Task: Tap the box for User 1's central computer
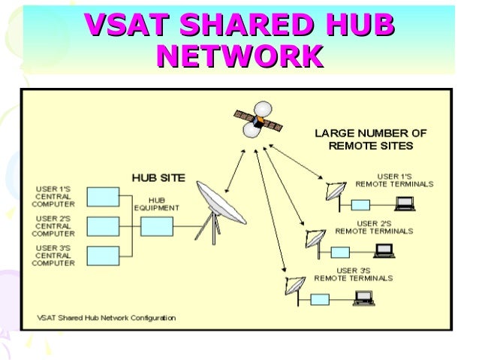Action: pos(102,197)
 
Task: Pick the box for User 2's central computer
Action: pos(102,226)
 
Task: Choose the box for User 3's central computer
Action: pos(102,256)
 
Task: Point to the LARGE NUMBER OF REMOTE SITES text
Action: pos(370,139)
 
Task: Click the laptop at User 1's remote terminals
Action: pos(406,202)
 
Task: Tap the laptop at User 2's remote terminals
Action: pos(384,250)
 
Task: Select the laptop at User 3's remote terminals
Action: pos(365,298)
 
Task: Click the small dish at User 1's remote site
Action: pos(336,192)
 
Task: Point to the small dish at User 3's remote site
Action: pos(295,286)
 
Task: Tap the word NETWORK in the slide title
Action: pos(239,56)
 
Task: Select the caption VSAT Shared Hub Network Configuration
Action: pos(107,318)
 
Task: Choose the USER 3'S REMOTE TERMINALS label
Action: pos(353,274)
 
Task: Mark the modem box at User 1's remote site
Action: pos(361,204)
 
